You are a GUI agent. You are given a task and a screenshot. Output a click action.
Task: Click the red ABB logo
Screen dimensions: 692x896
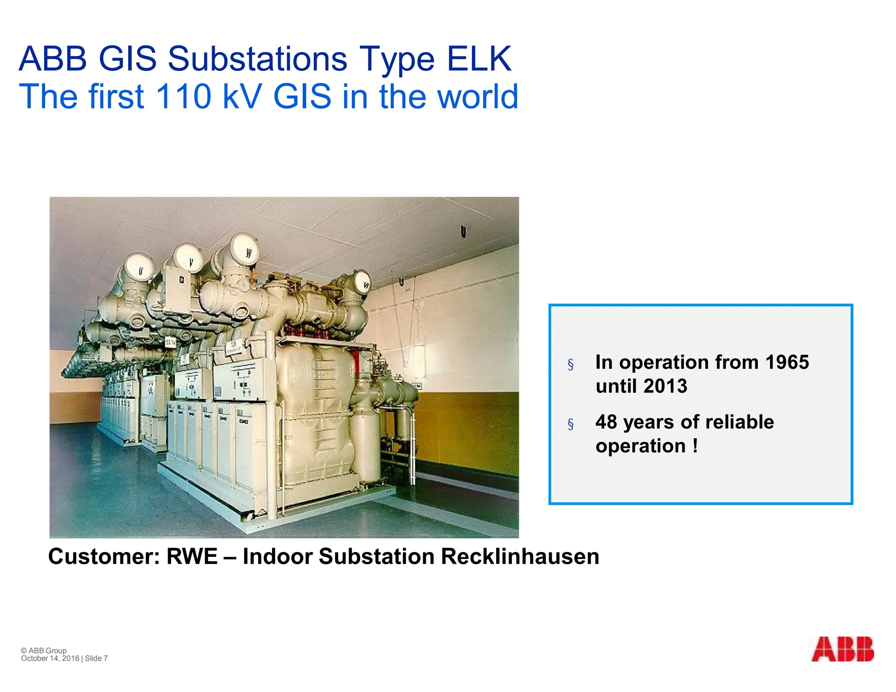(x=842, y=649)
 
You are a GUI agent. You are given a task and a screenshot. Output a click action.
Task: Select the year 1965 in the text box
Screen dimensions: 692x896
(x=787, y=362)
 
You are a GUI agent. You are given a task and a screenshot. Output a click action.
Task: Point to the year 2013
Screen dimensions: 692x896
(x=665, y=386)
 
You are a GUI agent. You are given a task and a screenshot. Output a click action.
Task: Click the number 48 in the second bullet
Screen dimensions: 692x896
(x=606, y=422)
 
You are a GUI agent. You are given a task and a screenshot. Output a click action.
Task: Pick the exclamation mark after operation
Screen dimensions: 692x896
(x=695, y=446)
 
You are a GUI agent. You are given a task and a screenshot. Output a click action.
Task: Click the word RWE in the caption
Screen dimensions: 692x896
(x=192, y=556)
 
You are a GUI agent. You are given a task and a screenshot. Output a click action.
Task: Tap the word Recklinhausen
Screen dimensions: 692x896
(x=520, y=556)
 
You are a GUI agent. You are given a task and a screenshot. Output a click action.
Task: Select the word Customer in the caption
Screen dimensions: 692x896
(x=104, y=556)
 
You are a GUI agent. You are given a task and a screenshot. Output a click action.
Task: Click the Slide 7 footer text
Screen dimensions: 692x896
(x=96, y=658)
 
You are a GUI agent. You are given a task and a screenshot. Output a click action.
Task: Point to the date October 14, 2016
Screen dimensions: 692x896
(x=50, y=658)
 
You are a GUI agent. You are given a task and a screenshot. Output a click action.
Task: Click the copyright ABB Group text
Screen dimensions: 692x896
(x=44, y=650)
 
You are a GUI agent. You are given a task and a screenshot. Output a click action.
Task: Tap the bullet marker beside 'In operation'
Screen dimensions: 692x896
(x=570, y=364)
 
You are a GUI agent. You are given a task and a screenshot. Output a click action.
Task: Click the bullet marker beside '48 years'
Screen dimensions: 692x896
(x=570, y=424)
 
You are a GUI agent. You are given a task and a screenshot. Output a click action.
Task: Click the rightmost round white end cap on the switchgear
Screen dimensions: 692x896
(x=361, y=282)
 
